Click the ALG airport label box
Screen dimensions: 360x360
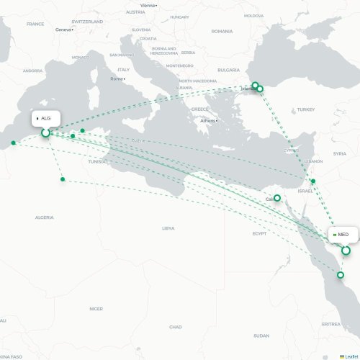pyautogui.click(x=45, y=117)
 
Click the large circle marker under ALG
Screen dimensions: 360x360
pyautogui.click(x=45, y=132)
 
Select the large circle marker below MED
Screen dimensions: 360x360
pyautogui.click(x=346, y=251)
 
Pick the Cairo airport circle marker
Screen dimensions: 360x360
pyautogui.click(x=277, y=197)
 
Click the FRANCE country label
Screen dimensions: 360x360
pyautogui.click(x=35, y=24)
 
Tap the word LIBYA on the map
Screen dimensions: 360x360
pyautogui.click(x=168, y=228)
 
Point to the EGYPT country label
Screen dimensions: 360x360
pyautogui.click(x=259, y=233)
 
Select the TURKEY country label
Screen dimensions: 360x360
pyautogui.click(x=305, y=109)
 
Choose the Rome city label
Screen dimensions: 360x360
pyautogui.click(x=117, y=78)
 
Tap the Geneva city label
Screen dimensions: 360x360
pyautogui.click(x=64, y=30)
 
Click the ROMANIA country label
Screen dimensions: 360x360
pyautogui.click(x=222, y=31)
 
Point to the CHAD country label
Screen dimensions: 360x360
pyautogui.click(x=175, y=327)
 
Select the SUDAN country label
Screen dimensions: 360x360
pyautogui.click(x=261, y=336)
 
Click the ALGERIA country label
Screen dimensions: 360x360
pyautogui.click(x=45, y=217)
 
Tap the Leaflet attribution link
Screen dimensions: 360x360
pyautogui.click(x=349, y=356)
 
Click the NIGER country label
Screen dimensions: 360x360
pyautogui.click(x=96, y=308)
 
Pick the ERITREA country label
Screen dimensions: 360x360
pyautogui.click(x=331, y=324)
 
